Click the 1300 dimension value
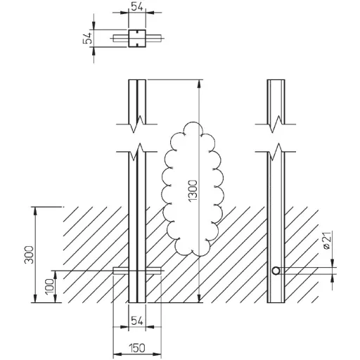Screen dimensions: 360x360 193,191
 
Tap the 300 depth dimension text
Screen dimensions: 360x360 30,255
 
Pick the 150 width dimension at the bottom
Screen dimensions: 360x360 137,348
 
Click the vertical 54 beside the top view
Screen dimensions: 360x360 87,38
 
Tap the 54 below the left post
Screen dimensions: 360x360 137,321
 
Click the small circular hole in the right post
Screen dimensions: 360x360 276,271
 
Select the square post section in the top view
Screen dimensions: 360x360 137,39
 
